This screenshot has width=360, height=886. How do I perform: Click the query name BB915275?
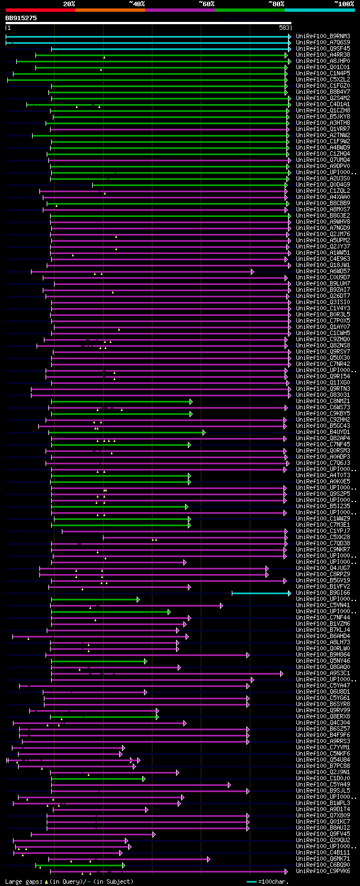coord(21,18)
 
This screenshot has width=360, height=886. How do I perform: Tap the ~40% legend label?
coord(136,4)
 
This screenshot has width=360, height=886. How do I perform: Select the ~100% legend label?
coord(344,4)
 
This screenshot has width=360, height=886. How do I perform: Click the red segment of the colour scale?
coord(40,10)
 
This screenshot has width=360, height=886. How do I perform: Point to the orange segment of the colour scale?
coord(110,10)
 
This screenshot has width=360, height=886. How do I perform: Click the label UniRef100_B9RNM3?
coord(323,37)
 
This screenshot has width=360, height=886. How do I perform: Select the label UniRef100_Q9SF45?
coord(323,49)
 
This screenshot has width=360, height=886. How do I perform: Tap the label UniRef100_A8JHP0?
coord(323,61)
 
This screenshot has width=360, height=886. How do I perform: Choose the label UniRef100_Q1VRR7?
coord(323,129)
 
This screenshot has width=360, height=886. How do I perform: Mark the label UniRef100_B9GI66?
coord(323,593)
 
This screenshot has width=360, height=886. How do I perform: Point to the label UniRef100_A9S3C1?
coord(323,673)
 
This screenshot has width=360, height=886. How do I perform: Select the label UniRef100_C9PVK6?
coord(323,871)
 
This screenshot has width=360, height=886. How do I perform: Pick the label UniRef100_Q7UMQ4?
coord(323,160)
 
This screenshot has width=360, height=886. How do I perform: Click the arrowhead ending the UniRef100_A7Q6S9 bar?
coord(290,43)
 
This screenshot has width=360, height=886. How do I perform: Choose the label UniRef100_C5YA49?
coord(323,785)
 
